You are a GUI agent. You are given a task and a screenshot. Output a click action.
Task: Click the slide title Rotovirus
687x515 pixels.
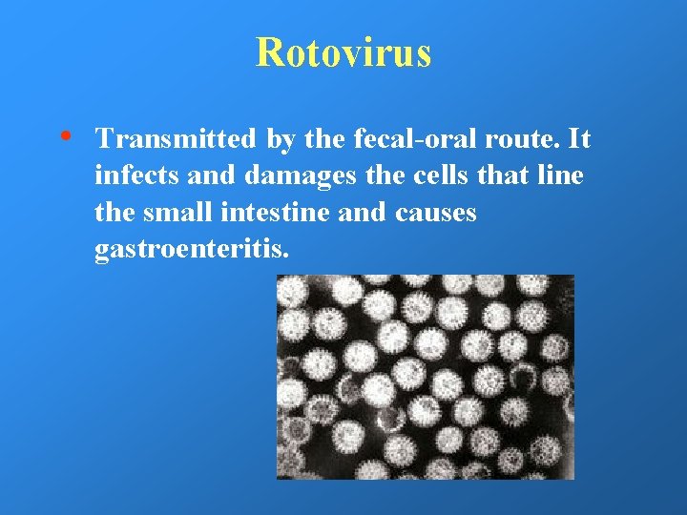(x=343, y=52)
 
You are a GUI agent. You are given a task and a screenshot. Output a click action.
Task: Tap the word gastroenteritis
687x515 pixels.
(x=191, y=250)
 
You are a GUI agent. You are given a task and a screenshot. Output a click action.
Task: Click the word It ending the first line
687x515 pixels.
(x=578, y=140)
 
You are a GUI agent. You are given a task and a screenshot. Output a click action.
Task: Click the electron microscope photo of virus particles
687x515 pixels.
(x=426, y=377)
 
